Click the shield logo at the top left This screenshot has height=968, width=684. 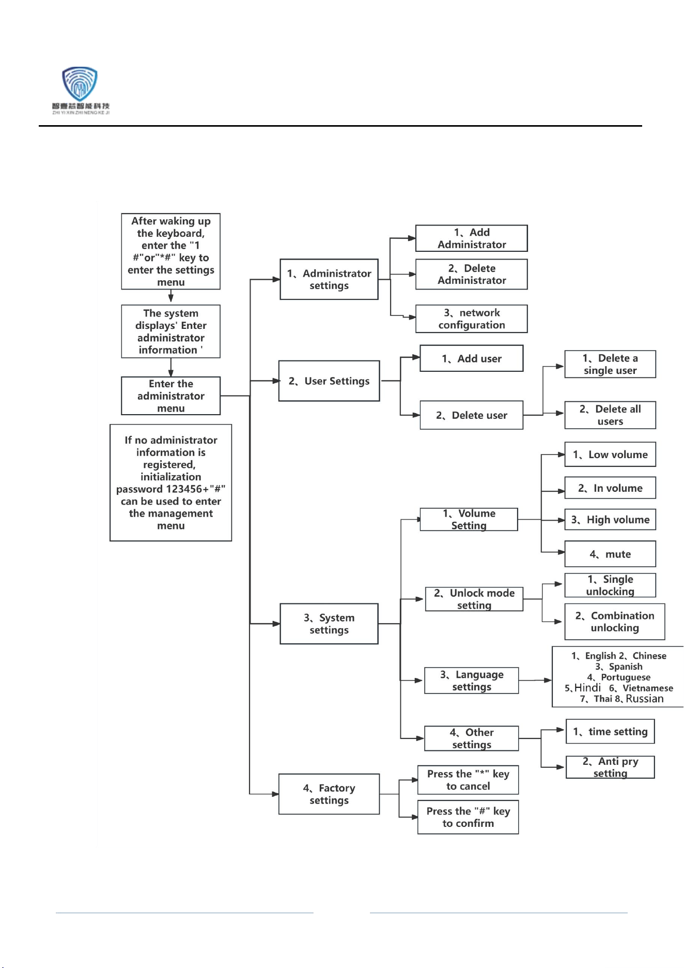click(x=80, y=84)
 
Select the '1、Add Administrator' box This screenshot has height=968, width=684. click(x=471, y=238)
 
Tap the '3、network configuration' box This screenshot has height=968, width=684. click(x=471, y=319)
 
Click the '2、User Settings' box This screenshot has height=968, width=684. click(x=329, y=381)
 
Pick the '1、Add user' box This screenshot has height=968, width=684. click(x=471, y=358)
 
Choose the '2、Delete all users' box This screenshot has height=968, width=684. click(x=610, y=415)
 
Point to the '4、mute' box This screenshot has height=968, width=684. click(x=610, y=554)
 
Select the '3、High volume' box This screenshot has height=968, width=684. click(x=610, y=520)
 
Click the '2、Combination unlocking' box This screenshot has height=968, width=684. click(x=615, y=622)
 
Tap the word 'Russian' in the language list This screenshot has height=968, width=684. click(x=645, y=699)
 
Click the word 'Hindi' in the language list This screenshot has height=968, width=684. click(x=588, y=688)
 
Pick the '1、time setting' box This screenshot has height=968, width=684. click(x=610, y=732)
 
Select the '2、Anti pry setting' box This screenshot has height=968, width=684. click(x=610, y=767)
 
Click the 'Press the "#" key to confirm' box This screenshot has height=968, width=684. click(x=468, y=817)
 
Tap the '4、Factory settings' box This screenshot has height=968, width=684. click(x=329, y=794)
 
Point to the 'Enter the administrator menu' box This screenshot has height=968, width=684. click(x=170, y=396)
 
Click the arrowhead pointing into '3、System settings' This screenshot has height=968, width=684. click(x=276, y=624)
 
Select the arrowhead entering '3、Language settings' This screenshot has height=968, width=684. click(x=419, y=680)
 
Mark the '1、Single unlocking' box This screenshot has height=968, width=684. click(x=610, y=585)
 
